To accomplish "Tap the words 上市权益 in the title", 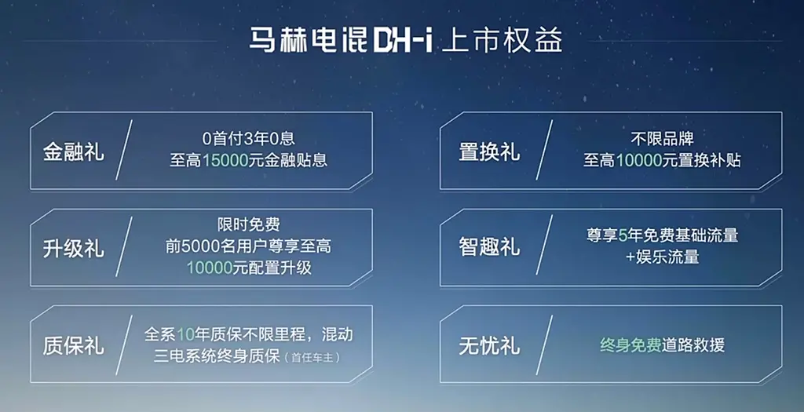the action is (x=502, y=40).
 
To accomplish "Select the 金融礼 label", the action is (x=73, y=152).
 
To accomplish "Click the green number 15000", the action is (x=225, y=160).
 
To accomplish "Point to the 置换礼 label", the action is (x=489, y=152).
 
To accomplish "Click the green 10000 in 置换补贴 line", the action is (x=638, y=160).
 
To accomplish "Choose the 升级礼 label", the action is (x=73, y=249).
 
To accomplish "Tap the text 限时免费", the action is (x=249, y=224).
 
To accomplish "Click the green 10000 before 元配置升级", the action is (x=209, y=268).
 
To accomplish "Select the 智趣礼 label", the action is (x=489, y=247).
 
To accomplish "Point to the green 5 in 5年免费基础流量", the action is (x=623, y=235).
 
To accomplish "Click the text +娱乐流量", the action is (x=662, y=257).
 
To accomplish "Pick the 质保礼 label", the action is (x=73, y=346).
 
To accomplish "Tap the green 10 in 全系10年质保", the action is (x=185, y=334).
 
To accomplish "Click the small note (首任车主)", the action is (x=312, y=357).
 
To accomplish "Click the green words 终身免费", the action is (x=630, y=345).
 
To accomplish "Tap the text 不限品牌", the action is (x=662, y=138).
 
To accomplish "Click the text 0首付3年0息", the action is (x=249, y=138).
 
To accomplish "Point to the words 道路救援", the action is (x=693, y=345).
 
